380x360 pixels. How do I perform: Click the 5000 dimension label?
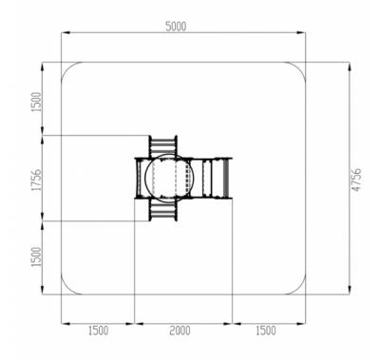coord(176,27)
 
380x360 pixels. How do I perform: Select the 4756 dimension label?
coord(356,180)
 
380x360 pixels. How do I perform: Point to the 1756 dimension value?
coord(36,180)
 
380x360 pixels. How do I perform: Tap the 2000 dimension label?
coord(180,331)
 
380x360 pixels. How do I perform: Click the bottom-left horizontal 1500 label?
coord(98,331)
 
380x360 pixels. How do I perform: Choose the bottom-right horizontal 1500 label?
coord(265,331)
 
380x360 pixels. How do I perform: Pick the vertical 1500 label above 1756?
coord(36,102)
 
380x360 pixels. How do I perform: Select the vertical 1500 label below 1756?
coord(36,256)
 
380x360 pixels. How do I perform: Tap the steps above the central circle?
coord(163,146)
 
